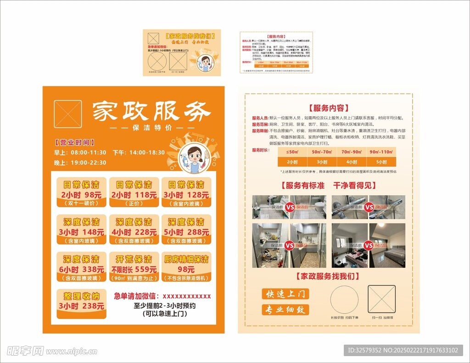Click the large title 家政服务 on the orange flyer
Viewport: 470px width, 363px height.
pos(151,111)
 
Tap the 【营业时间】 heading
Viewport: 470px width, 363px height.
pos(75,142)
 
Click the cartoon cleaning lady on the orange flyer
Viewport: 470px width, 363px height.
pos(195,159)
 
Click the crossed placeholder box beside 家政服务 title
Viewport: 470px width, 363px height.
pos(68,114)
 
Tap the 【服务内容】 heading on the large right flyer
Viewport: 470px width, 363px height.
pos(329,108)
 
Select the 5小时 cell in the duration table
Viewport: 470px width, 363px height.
pos(381,162)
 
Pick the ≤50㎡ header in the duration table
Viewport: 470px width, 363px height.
pos(292,152)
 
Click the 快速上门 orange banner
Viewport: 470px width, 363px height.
pos(285,294)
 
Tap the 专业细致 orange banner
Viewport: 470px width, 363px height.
pos(285,310)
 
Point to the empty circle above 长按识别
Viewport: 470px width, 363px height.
pos(344,299)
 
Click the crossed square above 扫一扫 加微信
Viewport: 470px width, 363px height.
pos(381,299)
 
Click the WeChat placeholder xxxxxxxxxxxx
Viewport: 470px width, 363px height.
pos(187,296)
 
